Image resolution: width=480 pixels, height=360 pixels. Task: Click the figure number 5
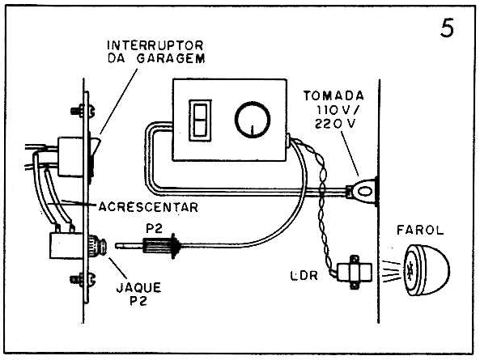click(448, 28)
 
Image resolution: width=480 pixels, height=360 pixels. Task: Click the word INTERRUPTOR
click(155, 45)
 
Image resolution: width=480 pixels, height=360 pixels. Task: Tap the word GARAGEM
click(171, 58)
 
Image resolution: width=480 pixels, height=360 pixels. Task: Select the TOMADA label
click(333, 95)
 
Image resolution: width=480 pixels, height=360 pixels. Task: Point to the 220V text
click(335, 123)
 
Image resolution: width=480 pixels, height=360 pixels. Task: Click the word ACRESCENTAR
click(148, 207)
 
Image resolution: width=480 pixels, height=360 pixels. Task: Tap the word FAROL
click(420, 230)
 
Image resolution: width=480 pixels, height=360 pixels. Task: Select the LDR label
click(304, 276)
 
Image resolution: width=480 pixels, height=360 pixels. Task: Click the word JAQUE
click(138, 288)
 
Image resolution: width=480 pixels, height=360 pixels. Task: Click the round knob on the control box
click(253, 120)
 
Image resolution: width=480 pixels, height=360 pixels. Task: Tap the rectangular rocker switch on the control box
click(200, 121)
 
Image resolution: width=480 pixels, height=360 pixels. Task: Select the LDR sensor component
click(355, 272)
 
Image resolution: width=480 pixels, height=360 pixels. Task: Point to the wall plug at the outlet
click(361, 192)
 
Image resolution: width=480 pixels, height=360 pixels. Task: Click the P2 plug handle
click(162, 245)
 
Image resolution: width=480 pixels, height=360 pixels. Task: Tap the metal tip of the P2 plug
click(129, 245)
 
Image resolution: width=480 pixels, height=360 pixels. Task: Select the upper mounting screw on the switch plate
click(83, 111)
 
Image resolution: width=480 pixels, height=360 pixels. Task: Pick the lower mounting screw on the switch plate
click(83, 279)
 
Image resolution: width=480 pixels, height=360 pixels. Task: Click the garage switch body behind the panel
click(70, 157)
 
